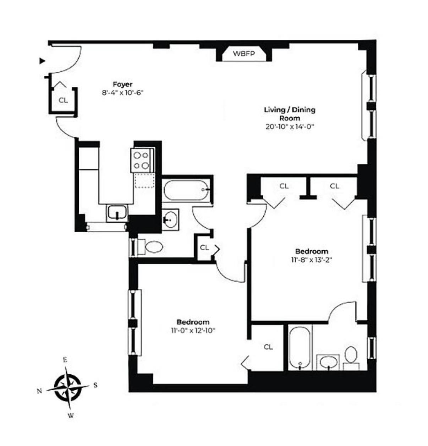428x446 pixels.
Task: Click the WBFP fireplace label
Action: coord(244,54)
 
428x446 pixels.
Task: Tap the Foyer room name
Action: coord(122,84)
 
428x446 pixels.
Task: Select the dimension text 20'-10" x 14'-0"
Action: coord(289,126)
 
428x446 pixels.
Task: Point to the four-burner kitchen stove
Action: coord(141,160)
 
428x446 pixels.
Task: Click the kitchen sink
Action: coord(117,213)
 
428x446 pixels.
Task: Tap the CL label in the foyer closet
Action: coord(63,100)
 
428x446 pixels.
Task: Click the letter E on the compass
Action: coord(65,360)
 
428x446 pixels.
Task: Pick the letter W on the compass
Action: coord(71,415)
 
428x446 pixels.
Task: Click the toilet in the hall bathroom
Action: coord(154,247)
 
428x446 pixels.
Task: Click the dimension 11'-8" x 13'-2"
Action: coord(311,260)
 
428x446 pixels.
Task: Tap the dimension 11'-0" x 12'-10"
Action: coord(193,330)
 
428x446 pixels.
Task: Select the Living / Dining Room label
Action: coord(289,114)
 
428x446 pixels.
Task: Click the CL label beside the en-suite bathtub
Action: coord(268,347)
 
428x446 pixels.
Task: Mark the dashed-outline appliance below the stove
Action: coord(145,181)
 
